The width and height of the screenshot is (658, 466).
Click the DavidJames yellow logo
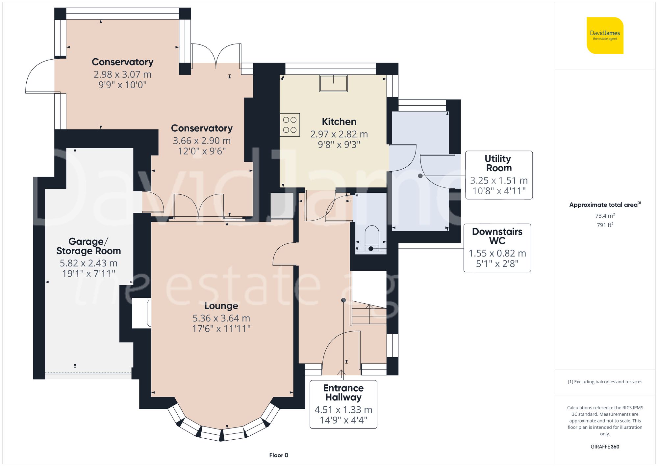point(605,36)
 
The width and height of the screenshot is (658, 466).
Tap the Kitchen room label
point(339,122)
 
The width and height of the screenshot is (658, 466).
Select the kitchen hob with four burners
point(290,125)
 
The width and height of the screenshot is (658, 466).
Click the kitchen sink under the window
point(333,83)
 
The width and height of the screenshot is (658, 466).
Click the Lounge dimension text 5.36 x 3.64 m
point(221,318)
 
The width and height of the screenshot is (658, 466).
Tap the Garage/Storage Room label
point(89,246)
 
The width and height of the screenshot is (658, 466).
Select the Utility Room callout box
point(499,175)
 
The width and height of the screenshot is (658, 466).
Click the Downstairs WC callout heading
point(497,236)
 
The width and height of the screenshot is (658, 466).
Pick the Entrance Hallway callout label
point(343,393)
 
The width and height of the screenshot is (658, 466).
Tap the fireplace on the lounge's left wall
point(141,313)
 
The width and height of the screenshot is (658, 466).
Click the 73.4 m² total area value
point(605,216)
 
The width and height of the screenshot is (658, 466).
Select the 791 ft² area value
point(605,225)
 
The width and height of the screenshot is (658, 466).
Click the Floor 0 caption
point(279,455)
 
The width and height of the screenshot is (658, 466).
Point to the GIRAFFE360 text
point(605,447)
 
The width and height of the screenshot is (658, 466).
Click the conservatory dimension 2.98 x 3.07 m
point(122,74)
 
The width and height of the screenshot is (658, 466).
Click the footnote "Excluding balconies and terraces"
point(605,382)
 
